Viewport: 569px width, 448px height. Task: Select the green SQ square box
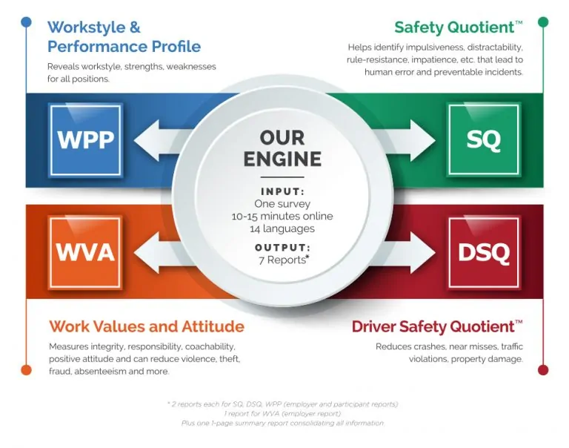(x=483, y=139)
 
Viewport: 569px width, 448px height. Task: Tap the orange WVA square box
(x=84, y=252)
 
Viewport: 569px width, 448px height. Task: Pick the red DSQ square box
(x=483, y=253)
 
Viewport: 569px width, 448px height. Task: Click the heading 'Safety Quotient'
(x=453, y=28)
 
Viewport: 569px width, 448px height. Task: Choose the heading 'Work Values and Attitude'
(x=146, y=326)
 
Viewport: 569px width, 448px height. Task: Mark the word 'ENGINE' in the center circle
(x=282, y=158)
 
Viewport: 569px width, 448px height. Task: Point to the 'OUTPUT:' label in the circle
(x=282, y=247)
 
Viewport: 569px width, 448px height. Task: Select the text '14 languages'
(x=282, y=229)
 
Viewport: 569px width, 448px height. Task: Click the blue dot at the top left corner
(x=27, y=22)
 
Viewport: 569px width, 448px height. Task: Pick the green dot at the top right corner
(x=542, y=22)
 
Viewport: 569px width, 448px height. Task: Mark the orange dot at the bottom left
(x=27, y=369)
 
